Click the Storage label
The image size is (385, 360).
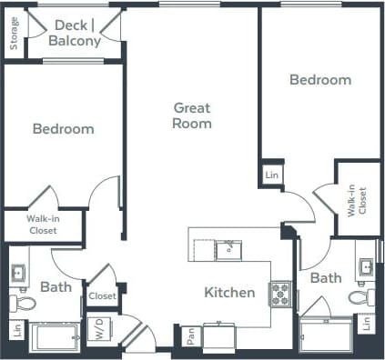(14, 34)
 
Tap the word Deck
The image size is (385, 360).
(69, 25)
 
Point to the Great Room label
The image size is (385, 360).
(192, 115)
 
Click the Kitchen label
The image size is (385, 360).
(228, 292)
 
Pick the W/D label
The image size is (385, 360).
(96, 329)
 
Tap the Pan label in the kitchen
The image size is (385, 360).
(190, 336)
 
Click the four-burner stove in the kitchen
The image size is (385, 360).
(280, 294)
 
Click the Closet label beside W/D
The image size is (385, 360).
(102, 296)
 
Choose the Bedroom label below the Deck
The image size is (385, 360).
(63, 128)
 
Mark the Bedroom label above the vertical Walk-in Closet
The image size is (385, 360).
(319, 80)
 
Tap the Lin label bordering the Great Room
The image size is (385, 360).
(271, 173)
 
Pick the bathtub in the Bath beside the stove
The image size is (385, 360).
(324, 337)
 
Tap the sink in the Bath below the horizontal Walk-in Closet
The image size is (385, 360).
(18, 272)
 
